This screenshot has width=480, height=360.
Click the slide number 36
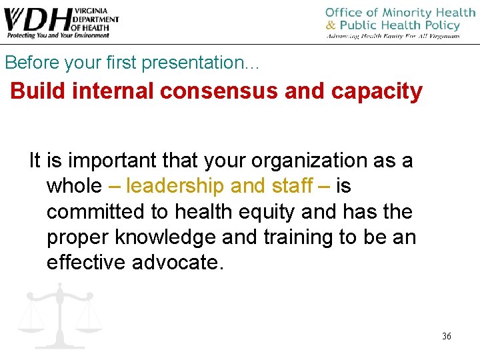coord(446,336)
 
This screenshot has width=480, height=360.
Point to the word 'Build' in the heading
coord(37,91)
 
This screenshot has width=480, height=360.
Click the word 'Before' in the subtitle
coord(27,63)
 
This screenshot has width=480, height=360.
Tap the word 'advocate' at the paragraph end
coord(176,262)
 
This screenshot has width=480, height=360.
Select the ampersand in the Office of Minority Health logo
coord(331,26)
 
